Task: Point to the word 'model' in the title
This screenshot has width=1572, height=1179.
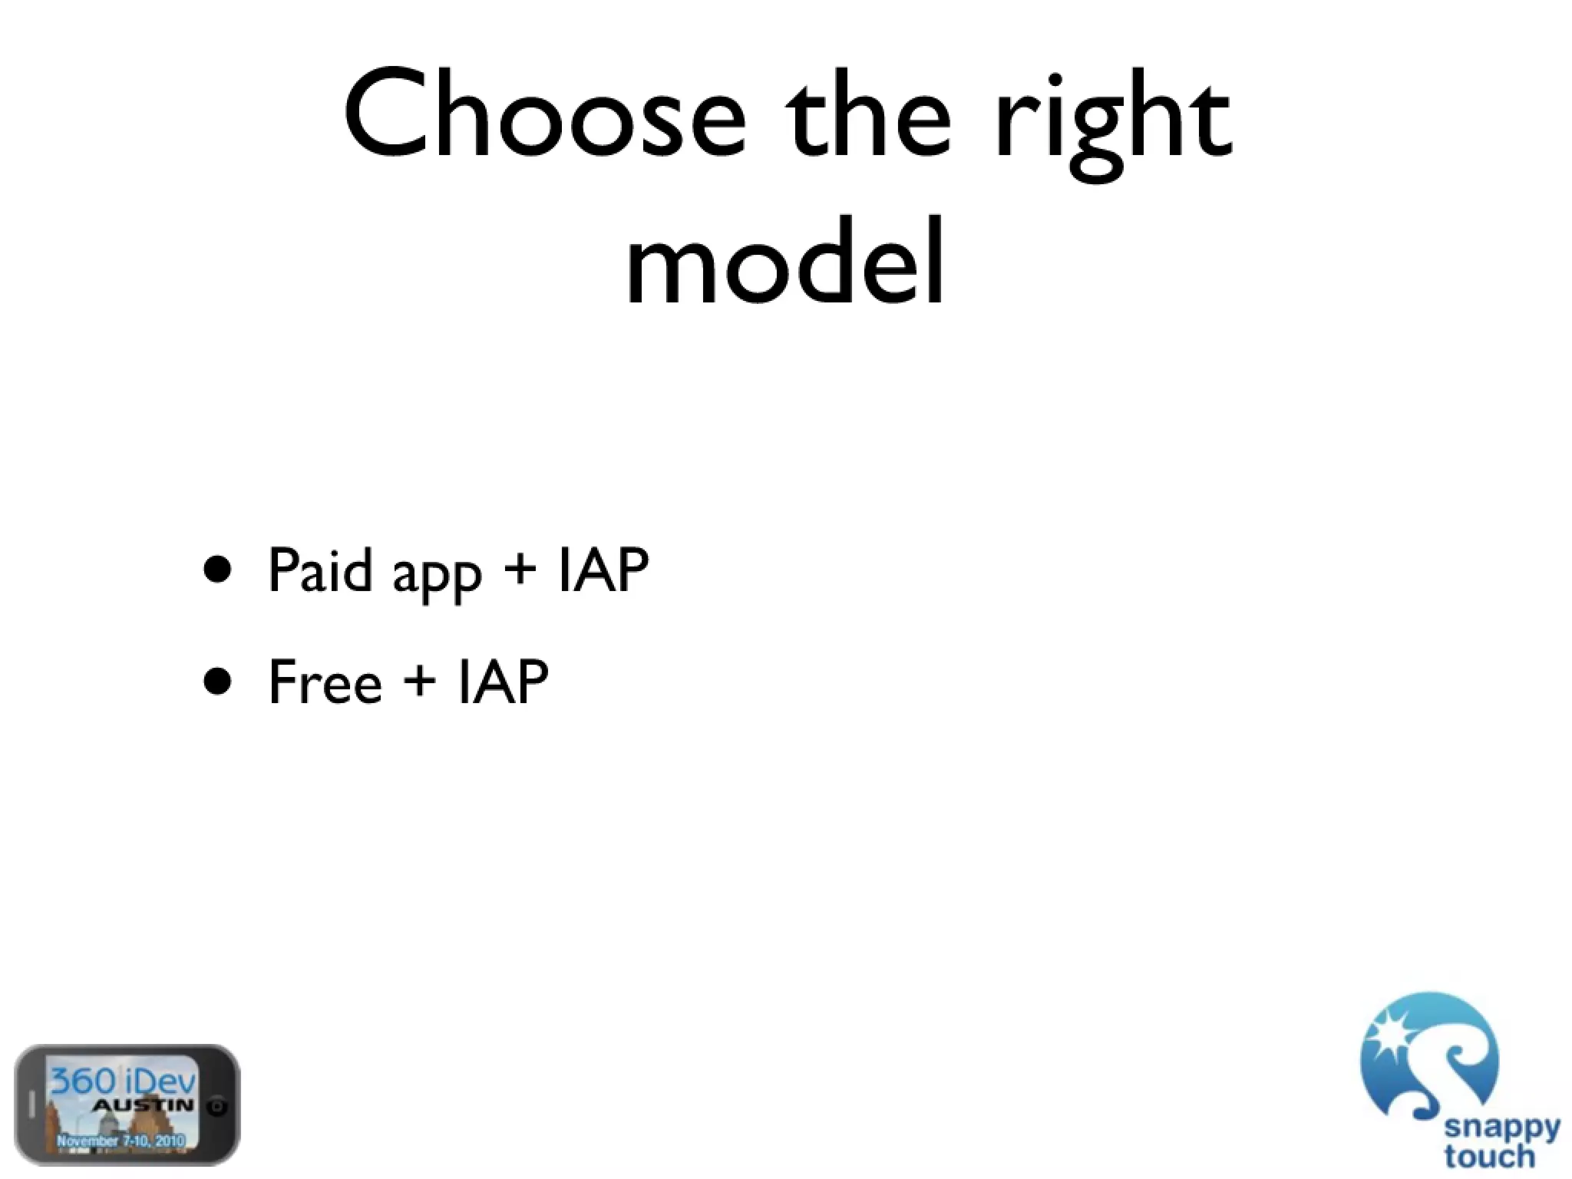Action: click(784, 261)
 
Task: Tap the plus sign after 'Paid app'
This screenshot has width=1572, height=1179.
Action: click(520, 570)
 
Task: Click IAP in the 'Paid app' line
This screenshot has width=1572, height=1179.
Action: click(603, 570)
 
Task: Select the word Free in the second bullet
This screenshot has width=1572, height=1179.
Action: click(325, 682)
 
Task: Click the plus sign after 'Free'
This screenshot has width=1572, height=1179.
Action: click(419, 680)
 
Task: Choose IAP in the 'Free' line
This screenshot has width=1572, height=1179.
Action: click(503, 682)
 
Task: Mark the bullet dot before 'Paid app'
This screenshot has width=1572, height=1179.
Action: click(218, 570)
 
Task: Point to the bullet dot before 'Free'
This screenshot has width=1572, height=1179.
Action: click(218, 680)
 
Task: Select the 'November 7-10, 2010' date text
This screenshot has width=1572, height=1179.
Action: click(121, 1141)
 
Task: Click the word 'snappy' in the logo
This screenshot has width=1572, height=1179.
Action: click(1502, 1129)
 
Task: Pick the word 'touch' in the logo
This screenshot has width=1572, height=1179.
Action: click(1488, 1155)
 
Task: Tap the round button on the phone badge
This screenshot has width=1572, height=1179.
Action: click(220, 1106)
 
